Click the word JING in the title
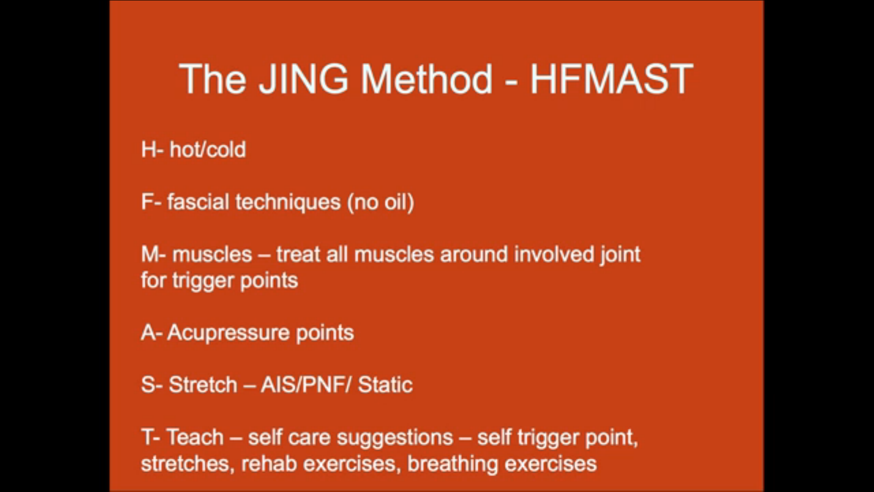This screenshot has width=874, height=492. [304, 79]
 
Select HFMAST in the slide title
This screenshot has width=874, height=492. [611, 79]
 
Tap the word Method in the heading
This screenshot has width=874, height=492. [427, 79]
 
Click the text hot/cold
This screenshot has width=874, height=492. [208, 149]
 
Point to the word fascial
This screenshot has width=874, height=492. [198, 202]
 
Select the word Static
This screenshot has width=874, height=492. [386, 385]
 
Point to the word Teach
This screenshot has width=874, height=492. [195, 437]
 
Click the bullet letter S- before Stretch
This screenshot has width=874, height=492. [152, 385]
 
